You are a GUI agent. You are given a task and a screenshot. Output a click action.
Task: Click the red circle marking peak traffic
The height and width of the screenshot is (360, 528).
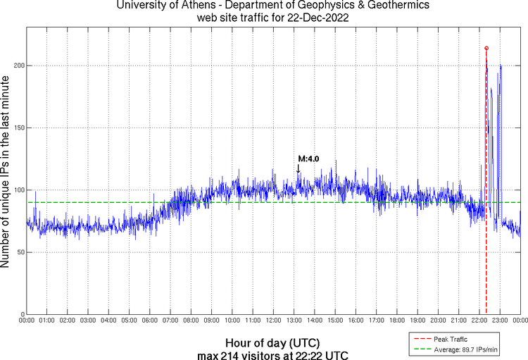(x=486, y=48)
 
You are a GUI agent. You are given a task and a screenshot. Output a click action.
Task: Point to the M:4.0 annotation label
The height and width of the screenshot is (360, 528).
(x=308, y=159)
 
